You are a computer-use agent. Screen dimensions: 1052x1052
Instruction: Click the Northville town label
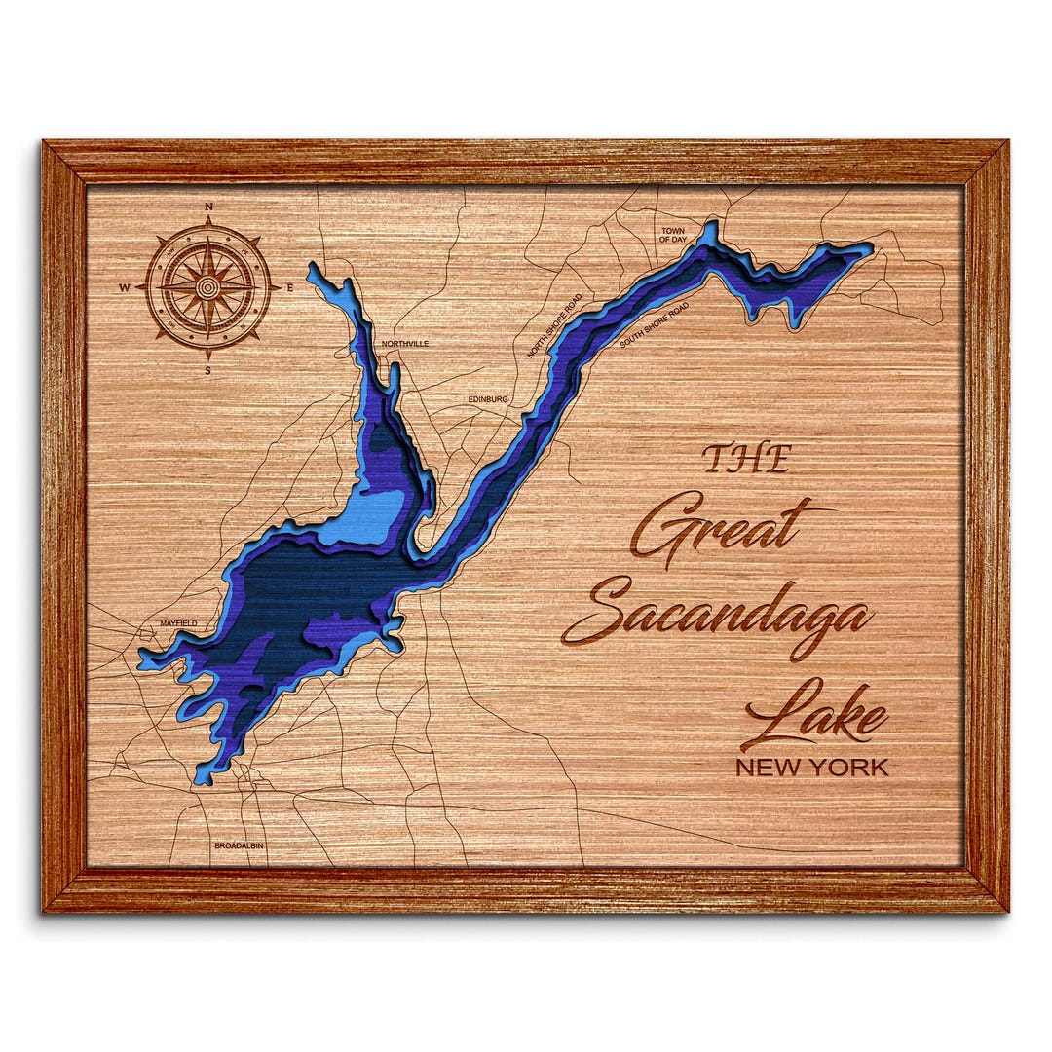404,344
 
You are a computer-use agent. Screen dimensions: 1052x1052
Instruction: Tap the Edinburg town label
488,398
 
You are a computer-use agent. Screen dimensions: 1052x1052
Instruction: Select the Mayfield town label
178,622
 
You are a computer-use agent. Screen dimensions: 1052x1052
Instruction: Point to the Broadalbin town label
239,845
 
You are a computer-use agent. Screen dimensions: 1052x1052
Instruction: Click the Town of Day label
673,235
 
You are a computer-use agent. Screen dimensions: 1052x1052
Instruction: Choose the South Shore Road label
654,324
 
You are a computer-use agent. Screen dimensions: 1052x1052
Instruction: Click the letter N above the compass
207,207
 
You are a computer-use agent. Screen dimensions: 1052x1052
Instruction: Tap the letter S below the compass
207,370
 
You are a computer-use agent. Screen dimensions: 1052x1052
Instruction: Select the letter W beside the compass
125,287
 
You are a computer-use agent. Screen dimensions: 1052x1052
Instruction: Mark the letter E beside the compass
290,287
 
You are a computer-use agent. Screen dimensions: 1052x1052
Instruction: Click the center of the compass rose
207,287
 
